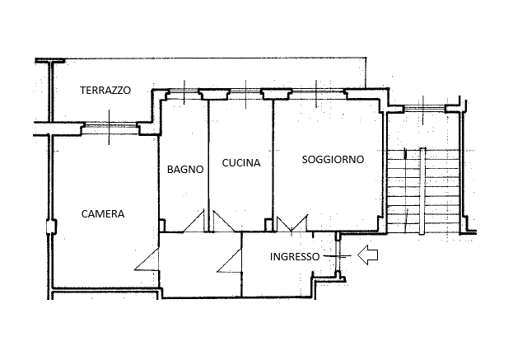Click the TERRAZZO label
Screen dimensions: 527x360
105,91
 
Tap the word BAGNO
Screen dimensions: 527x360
185,170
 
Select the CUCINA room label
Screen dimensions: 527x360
241,163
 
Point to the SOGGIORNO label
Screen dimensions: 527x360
333,159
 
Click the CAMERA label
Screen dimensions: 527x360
103,214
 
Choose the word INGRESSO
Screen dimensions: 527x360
295,257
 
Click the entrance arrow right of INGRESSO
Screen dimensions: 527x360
367,255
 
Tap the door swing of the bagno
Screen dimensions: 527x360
194,222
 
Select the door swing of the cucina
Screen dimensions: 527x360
223,222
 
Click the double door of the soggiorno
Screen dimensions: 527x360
291,223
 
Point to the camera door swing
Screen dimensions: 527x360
147,259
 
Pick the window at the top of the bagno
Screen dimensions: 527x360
184,91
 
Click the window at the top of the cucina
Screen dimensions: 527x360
245,91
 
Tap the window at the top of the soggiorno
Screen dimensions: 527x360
316,91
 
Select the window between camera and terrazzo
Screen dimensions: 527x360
110,126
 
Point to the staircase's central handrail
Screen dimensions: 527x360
422,191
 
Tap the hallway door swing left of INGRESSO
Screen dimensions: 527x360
230,260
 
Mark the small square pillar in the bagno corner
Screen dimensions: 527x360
161,225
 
